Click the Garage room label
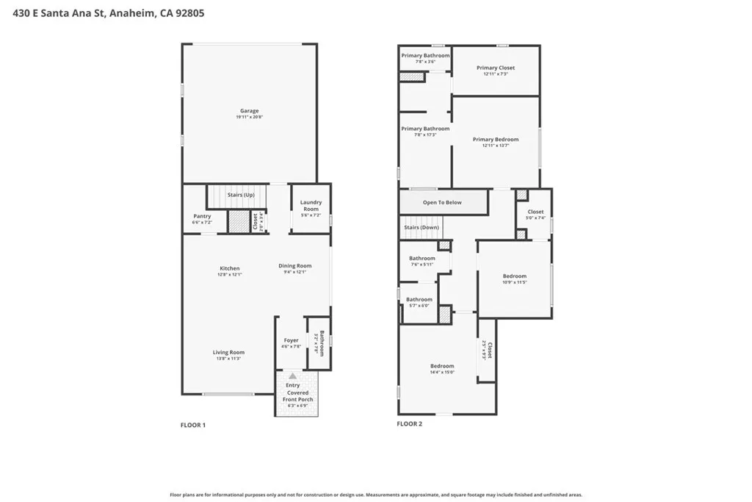[249, 111]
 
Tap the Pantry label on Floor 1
[202, 216]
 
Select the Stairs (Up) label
[241, 195]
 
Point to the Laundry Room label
[311, 206]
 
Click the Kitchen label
[230, 268]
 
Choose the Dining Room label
[294, 266]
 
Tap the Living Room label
[228, 352]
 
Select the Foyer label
[292, 340]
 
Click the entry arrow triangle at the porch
[292, 376]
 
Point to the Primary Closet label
[496, 68]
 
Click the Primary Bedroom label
[496, 139]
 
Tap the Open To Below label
[442, 202]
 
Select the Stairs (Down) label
[422, 227]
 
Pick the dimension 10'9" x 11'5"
[514, 282]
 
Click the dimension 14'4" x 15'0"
[442, 372]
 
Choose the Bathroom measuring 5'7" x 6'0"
[419, 300]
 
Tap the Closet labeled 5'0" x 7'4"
[535, 212]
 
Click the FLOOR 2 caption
[409, 423]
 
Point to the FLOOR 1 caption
[193, 425]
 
